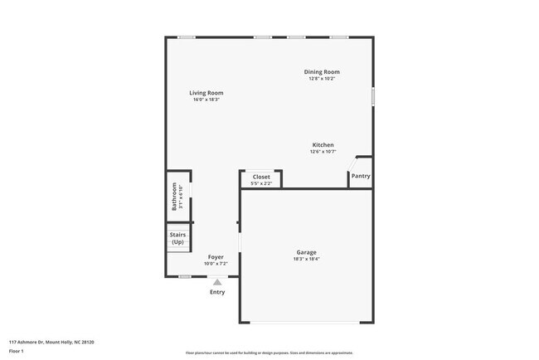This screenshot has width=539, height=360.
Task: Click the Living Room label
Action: click(x=206, y=93)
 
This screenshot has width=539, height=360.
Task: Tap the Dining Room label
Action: click(x=322, y=72)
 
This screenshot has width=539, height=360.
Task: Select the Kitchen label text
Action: click(x=323, y=145)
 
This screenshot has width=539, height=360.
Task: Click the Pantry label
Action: click(x=361, y=176)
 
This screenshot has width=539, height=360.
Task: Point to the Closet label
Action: click(x=261, y=177)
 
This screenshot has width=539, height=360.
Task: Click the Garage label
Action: click(x=306, y=252)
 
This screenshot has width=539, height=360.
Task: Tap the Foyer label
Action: click(x=216, y=257)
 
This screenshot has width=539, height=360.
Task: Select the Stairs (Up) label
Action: click(x=177, y=238)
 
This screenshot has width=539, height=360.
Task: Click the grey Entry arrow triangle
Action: click(x=217, y=282)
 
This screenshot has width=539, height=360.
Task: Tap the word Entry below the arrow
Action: click(x=217, y=292)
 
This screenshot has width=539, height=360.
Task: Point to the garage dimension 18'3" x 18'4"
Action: click(x=306, y=259)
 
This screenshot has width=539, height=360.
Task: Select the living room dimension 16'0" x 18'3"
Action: click(x=206, y=100)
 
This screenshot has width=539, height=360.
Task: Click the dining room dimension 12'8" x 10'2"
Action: click(x=322, y=79)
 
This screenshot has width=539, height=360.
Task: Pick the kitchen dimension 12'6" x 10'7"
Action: click(x=323, y=152)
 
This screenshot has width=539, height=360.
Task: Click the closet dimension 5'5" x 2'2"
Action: click(x=261, y=183)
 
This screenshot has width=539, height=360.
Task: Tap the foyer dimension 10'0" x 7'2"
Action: click(x=216, y=264)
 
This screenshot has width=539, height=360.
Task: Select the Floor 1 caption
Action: click(x=17, y=352)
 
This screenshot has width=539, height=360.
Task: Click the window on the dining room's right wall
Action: click(x=372, y=96)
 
